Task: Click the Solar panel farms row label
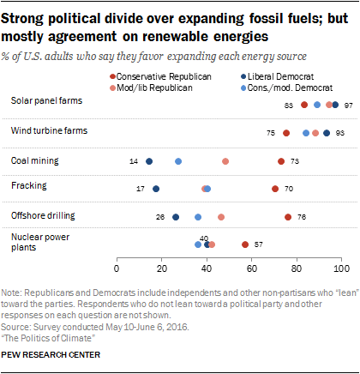click(x=40, y=101)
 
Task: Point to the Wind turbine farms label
click(x=42, y=131)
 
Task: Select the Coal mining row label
click(x=31, y=160)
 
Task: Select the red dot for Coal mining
click(x=281, y=161)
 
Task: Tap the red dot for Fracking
click(x=275, y=189)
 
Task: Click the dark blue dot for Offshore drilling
click(x=176, y=217)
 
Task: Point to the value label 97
click(x=349, y=105)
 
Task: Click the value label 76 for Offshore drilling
click(x=302, y=217)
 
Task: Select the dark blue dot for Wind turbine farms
click(x=327, y=133)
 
